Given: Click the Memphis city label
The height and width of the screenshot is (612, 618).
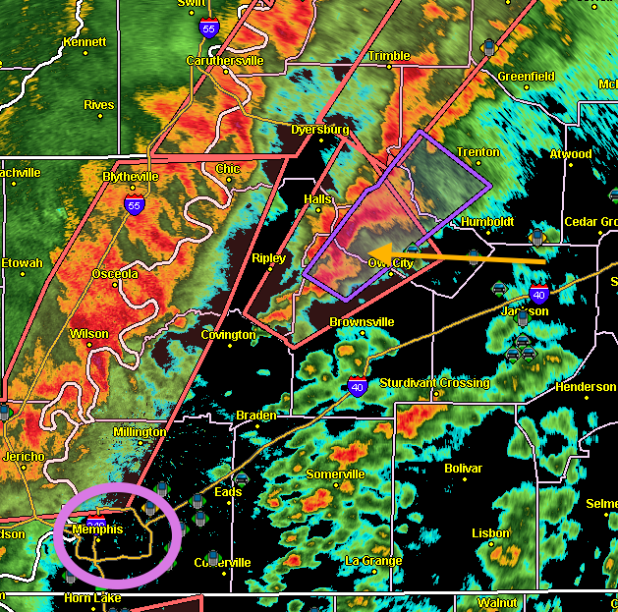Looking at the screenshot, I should [x=97, y=529].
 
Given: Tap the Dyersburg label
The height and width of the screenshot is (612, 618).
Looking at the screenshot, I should [x=320, y=129].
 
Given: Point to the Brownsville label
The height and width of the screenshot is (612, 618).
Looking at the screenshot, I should [x=362, y=321].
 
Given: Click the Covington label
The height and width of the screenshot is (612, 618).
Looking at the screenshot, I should [x=228, y=335].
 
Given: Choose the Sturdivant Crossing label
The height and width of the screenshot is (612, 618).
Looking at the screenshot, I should [x=434, y=383].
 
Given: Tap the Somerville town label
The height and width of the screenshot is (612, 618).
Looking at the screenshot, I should [x=335, y=474].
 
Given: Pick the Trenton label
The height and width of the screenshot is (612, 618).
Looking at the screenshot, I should [x=478, y=152].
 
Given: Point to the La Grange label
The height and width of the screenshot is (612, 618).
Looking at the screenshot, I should [x=373, y=561].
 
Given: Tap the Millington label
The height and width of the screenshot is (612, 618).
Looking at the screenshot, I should [x=140, y=432].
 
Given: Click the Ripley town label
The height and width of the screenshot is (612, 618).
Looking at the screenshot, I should [x=268, y=258].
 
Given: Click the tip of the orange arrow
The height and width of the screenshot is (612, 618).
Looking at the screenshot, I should [x=370, y=250].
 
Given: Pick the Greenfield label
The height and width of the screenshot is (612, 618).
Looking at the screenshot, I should [x=526, y=77].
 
